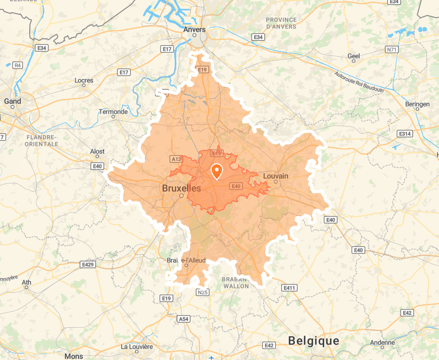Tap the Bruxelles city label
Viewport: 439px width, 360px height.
[x=181, y=188]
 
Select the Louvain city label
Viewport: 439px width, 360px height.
[x=275, y=176]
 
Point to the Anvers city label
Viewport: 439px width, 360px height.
[x=194, y=30]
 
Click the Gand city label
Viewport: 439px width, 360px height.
[x=13, y=101]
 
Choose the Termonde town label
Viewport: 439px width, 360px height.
[x=113, y=111]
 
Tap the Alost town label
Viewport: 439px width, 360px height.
[x=97, y=152]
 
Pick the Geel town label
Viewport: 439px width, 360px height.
[x=353, y=56]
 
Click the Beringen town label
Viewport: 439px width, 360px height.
[x=417, y=104]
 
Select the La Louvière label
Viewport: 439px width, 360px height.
[x=137, y=346]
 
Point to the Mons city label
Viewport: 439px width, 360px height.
[x=74, y=356]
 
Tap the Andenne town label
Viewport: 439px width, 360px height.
[x=383, y=343]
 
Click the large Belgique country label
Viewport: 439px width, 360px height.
[x=314, y=341]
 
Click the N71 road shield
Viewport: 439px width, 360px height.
[x=392, y=49]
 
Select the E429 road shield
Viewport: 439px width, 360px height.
[x=88, y=265]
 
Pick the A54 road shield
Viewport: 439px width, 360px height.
[x=184, y=318]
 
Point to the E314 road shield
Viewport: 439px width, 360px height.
[x=405, y=134]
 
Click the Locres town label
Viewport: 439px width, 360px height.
[x=84, y=80]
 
